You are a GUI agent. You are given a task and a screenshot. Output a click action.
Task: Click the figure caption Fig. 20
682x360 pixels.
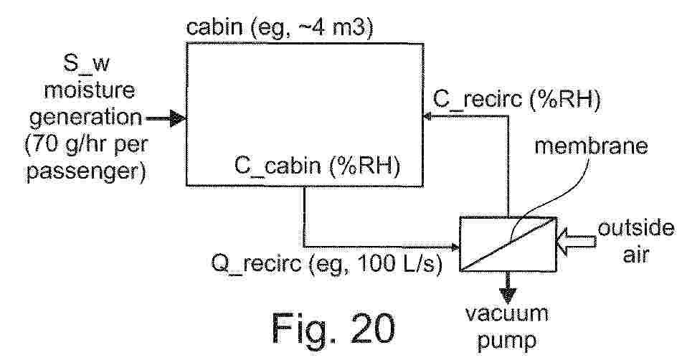click(334, 328)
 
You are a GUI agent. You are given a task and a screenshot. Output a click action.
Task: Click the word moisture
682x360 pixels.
click(89, 90)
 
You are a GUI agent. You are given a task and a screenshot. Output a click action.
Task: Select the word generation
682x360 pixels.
click(85, 118)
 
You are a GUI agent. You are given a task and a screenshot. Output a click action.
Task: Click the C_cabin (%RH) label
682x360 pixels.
click(317, 167)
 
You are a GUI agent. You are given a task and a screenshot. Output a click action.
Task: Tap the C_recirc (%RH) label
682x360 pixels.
click(516, 100)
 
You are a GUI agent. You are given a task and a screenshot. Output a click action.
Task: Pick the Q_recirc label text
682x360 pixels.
click(256, 263)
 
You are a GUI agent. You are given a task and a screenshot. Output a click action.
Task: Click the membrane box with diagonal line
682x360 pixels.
click(508, 244)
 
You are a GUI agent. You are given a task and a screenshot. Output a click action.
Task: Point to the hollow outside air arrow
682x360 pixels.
click(577, 240)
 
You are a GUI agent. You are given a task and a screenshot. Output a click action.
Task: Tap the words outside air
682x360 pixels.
click(636, 241)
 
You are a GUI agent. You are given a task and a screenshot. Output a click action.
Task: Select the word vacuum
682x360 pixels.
click(507, 314)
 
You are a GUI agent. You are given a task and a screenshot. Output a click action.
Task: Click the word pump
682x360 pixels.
click(507, 341)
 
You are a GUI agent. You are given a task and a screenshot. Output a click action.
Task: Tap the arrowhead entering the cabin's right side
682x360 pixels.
click(427, 116)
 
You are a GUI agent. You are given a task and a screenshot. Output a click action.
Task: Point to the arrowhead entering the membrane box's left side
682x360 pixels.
click(456, 247)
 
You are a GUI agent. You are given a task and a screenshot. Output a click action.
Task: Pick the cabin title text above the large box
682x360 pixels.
click(280, 28)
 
